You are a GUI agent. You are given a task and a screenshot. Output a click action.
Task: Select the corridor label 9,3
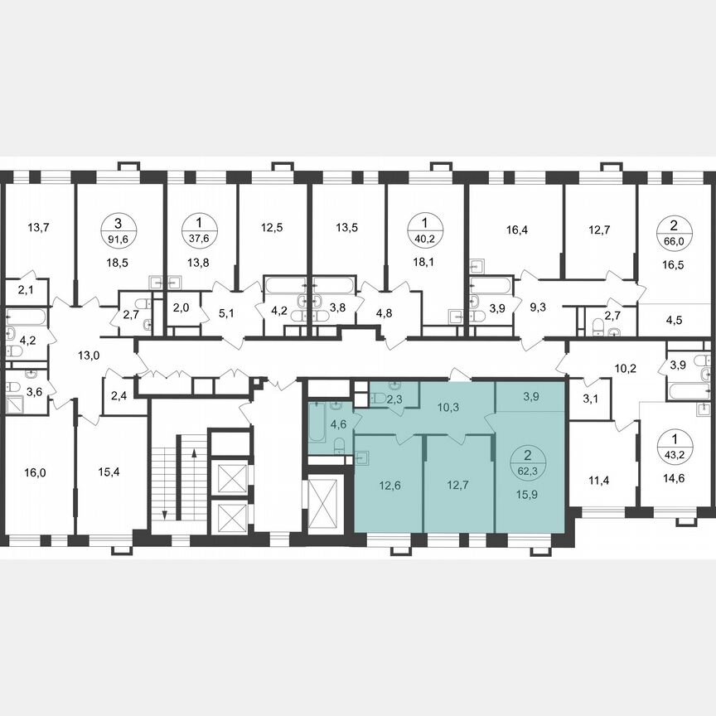(x=538, y=307)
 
